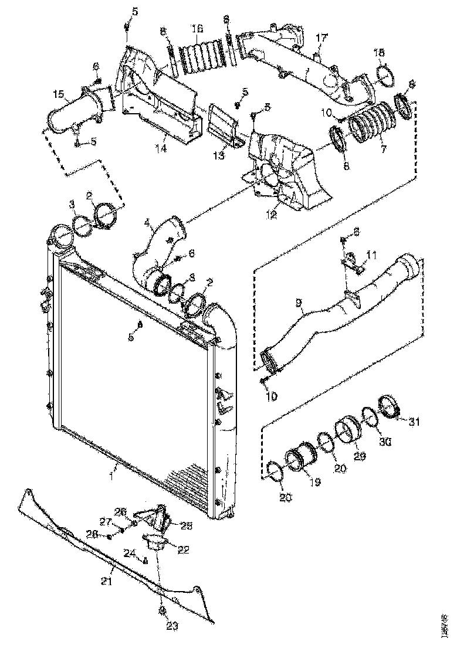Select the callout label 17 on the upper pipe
[320, 38]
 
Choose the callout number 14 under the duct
[161, 149]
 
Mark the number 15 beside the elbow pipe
[58, 94]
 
